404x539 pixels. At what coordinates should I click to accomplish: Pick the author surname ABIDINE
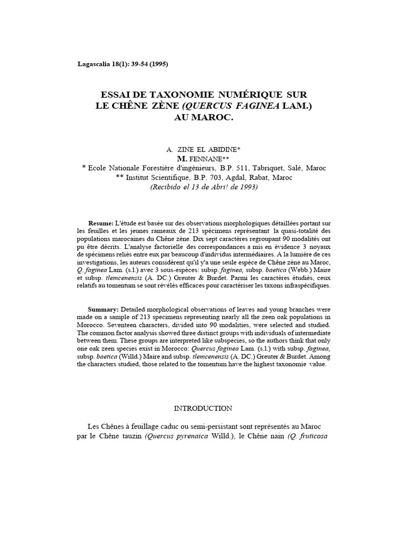221,150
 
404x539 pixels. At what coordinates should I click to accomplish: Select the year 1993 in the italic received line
248,187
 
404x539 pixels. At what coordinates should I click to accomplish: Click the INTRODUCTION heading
203,408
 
